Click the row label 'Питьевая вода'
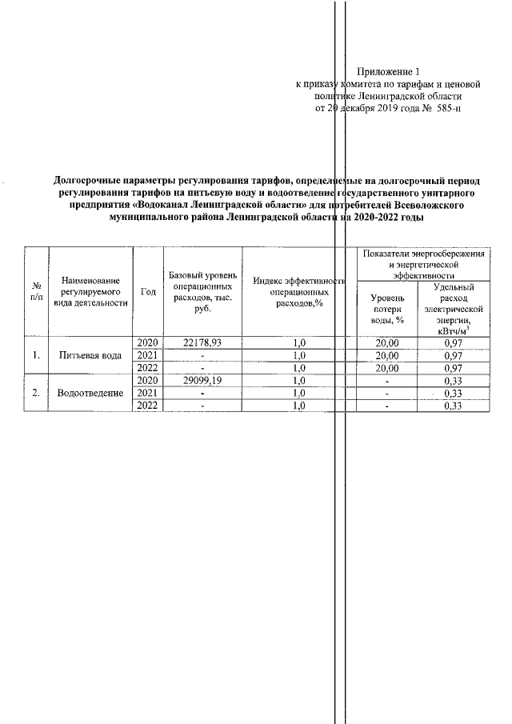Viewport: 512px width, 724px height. pos(90,355)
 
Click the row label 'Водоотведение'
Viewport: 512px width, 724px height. pos(90,394)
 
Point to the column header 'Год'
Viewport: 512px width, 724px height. pos(147,292)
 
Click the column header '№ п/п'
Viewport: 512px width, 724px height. pos(36,292)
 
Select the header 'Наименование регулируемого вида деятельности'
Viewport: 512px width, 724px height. pos(90,292)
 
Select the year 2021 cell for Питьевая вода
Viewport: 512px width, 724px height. pos(147,355)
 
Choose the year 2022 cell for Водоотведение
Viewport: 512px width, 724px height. pos(147,406)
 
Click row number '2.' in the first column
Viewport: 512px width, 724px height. pos(36,394)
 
